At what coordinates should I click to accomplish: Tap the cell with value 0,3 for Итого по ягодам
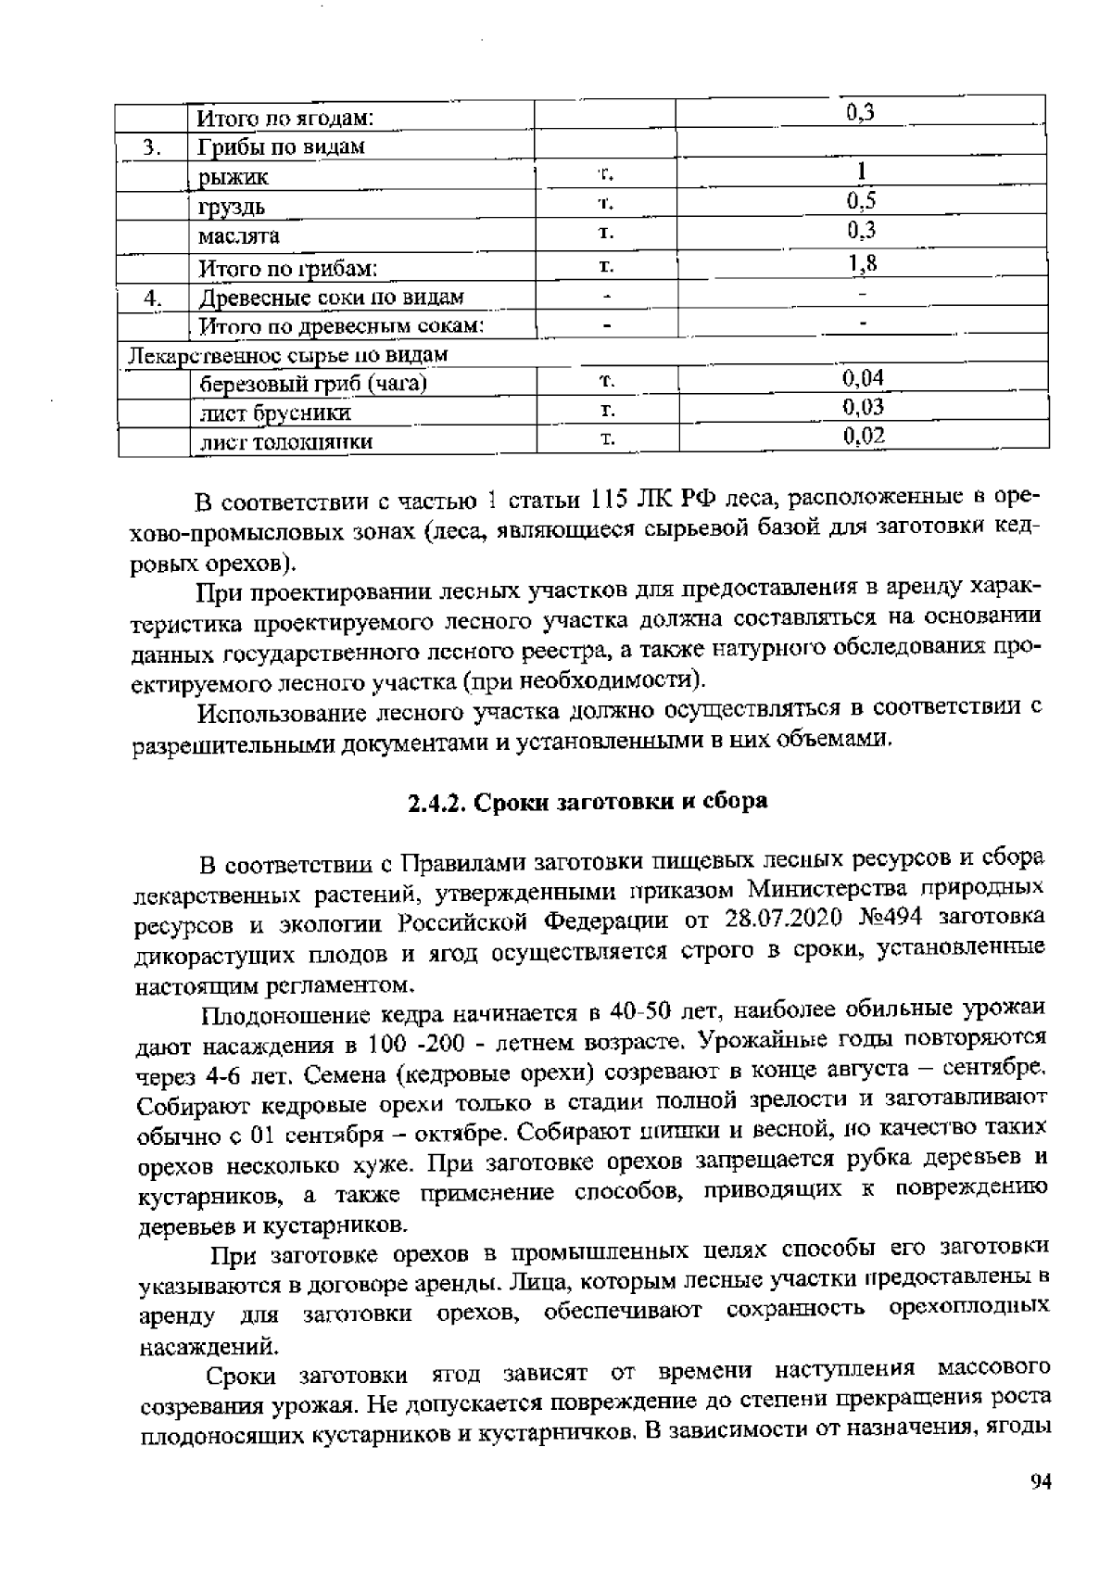[x=861, y=113]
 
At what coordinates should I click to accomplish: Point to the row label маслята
[x=239, y=235]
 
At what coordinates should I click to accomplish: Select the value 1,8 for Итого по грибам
[x=862, y=265]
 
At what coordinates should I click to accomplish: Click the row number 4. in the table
[x=154, y=298]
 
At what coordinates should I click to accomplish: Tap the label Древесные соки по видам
[x=332, y=298]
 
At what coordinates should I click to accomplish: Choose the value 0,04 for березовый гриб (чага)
[x=863, y=378]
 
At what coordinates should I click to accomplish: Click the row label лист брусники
[x=275, y=413]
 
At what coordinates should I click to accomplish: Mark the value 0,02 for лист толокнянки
[x=864, y=436]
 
